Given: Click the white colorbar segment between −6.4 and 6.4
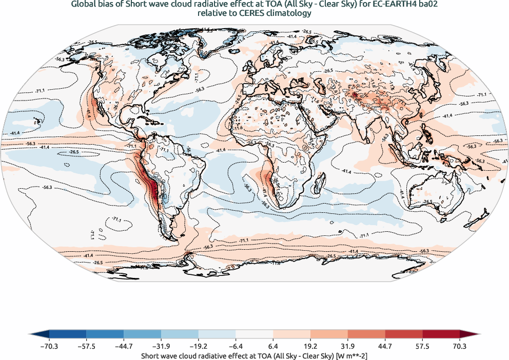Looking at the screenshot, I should pyautogui.click(x=254, y=334).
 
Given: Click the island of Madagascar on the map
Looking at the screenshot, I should pyautogui.click(x=322, y=184).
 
